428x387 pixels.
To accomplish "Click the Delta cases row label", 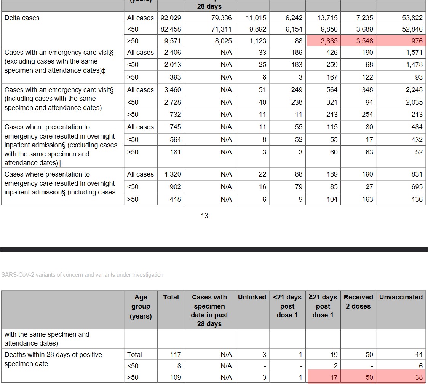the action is [22, 18].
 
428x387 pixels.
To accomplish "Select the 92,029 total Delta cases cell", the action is [171, 18].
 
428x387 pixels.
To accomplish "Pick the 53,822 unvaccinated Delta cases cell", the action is [412, 18].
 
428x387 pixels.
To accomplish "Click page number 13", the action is [204, 216].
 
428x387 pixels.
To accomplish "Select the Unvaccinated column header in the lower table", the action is [401, 297].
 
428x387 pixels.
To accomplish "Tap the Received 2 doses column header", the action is [358, 302].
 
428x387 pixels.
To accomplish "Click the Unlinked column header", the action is [252, 297].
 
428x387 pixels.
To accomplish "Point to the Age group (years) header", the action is [141, 307].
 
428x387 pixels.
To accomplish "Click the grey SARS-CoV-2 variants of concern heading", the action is [82, 275].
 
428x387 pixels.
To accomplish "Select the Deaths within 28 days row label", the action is [53, 359].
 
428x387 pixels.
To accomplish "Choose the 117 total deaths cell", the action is [176, 355].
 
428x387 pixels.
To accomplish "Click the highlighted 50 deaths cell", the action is [369, 377].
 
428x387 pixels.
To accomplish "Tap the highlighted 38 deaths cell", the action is [419, 377].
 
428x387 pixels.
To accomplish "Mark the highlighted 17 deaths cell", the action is [334, 377].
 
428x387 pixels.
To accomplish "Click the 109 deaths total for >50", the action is [176, 377].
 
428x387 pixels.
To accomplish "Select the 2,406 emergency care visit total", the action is [172, 53].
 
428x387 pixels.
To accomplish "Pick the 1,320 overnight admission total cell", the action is [172, 174].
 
